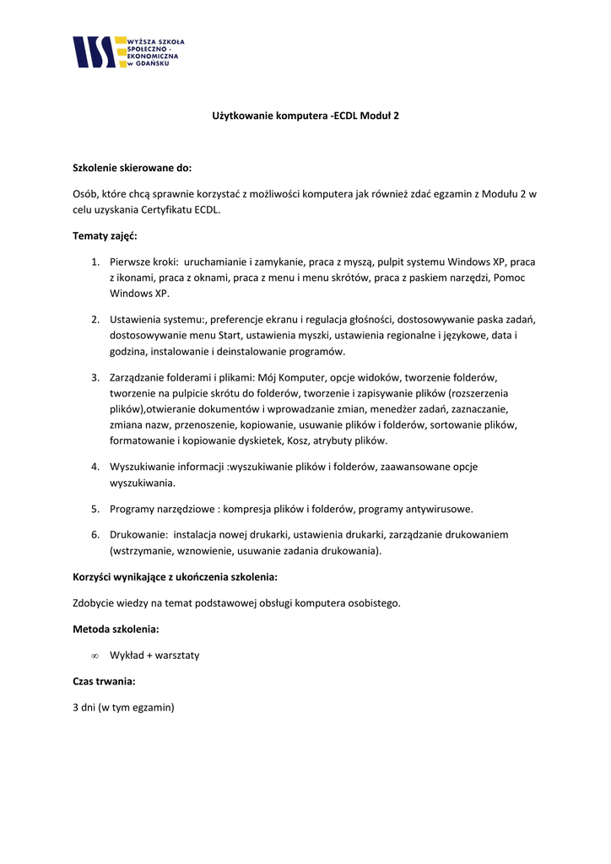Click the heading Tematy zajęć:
pyautogui.click(x=105, y=235)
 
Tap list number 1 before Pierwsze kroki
pyautogui.click(x=95, y=262)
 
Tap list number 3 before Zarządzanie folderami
pyautogui.click(x=95, y=377)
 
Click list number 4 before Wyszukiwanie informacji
pyautogui.click(x=95, y=467)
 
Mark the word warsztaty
pyautogui.click(x=177, y=655)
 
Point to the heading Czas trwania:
pyautogui.click(x=104, y=681)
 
